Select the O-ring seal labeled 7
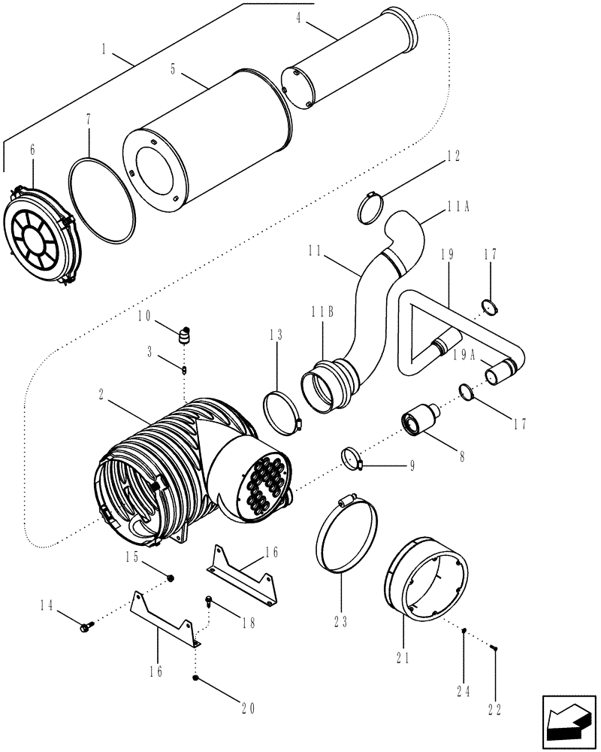101,199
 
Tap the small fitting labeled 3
183,368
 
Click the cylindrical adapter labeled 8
418,420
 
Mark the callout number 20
248,708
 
